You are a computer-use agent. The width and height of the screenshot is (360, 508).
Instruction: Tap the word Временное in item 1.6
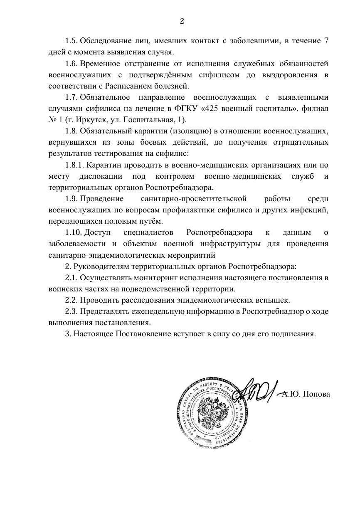[100, 64]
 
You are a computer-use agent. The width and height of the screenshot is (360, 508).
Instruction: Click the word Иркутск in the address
[82, 120]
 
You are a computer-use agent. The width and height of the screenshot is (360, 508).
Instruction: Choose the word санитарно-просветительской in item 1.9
[194, 199]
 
